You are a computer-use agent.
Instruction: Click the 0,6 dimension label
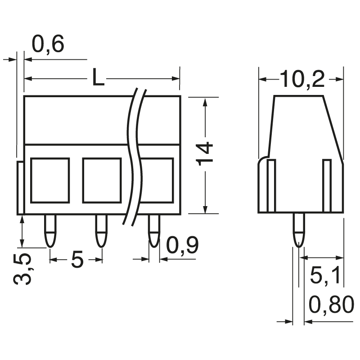tap(49, 45)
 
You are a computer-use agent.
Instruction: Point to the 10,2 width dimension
tap(302, 80)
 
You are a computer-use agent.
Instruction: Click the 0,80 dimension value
tap(332, 306)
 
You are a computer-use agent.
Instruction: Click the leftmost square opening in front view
tap(50, 180)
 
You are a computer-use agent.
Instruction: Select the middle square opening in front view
tap(102, 180)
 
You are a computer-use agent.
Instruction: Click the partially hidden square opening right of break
tap(157, 180)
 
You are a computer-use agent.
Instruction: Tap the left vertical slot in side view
tap(271, 185)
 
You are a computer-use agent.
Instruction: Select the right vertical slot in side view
tap(327, 185)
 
